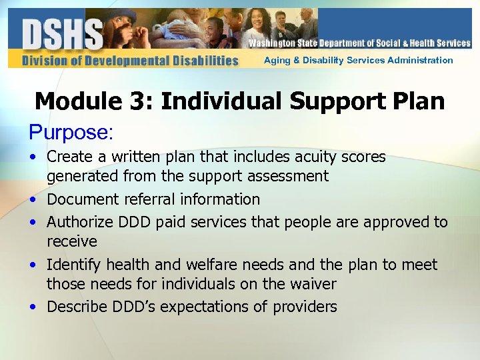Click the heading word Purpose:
[x=71, y=132]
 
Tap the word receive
[x=71, y=241]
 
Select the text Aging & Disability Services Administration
[x=358, y=61]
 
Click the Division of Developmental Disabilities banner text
[x=130, y=61]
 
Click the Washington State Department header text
[x=359, y=43]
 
